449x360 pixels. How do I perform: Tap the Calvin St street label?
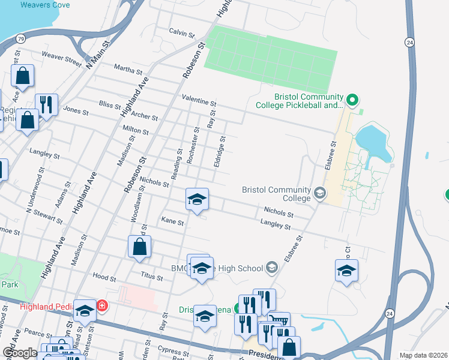pos(182,32)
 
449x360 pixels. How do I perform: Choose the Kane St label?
pos(172,221)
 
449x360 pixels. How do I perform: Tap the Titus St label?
pos(151,278)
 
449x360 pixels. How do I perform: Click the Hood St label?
pos(104,277)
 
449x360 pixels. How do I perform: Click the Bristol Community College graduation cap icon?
pos(320,193)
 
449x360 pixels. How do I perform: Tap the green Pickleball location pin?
pos(353,100)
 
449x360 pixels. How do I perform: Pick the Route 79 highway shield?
pos(20,39)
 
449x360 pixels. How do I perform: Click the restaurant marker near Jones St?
pos(46,104)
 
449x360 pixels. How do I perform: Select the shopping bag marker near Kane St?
pos(139,246)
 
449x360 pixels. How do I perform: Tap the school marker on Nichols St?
pos(196,199)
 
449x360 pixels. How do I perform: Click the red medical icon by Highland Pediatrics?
pos(101,306)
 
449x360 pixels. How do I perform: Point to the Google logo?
pos(19,353)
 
